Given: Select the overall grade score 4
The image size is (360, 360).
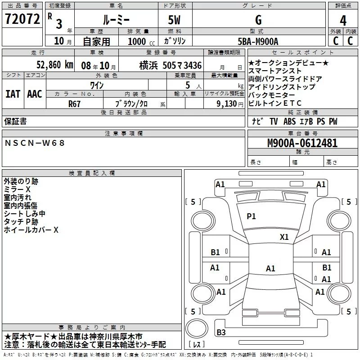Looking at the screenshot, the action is pos(343,21).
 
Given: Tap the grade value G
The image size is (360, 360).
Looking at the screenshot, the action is pos(258,21).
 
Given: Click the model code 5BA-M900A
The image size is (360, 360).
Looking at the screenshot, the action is pos(258,41).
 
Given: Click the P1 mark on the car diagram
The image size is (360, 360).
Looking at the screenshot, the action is pos(251,216).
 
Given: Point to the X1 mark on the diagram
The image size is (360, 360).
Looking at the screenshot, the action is pos(284,237).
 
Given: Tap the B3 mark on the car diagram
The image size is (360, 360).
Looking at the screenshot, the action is pos(221,333).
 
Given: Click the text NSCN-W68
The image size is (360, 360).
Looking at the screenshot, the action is pos(35,143).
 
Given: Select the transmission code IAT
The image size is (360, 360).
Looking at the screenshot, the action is pos(13,94).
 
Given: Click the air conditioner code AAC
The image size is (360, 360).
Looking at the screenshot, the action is pos(35,94).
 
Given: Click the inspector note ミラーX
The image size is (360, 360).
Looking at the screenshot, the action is pos(17,189).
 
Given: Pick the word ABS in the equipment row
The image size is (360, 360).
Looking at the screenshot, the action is pos(290,121).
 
